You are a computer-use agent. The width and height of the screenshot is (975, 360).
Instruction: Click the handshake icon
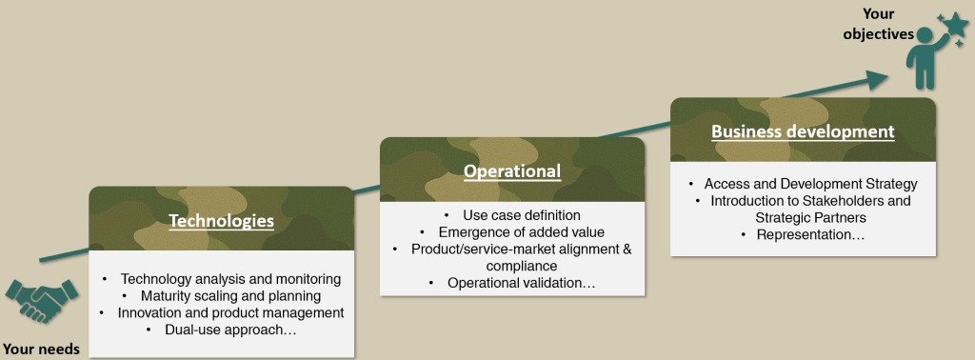[42, 301]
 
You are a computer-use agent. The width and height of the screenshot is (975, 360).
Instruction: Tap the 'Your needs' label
[42, 349]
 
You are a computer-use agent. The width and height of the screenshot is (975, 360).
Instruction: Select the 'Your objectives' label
[879, 24]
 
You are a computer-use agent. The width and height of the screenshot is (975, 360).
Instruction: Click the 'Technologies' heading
[221, 221]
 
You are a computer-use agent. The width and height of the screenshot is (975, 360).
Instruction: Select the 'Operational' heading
[512, 171]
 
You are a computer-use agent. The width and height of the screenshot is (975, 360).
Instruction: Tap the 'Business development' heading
[803, 131]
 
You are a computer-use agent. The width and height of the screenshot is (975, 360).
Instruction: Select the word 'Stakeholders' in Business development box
[870, 202]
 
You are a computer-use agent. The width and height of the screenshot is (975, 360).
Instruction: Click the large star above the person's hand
[955, 26]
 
